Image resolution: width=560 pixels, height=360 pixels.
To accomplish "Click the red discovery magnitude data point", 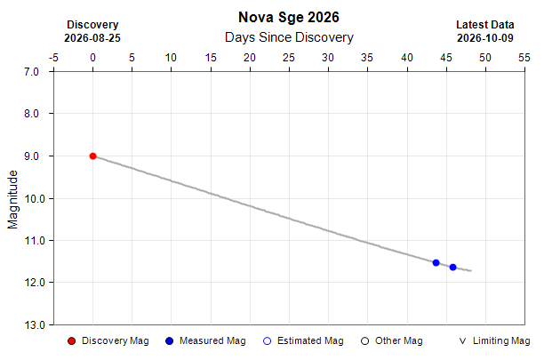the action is [92, 156].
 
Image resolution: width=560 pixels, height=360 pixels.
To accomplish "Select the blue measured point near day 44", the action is [436, 263].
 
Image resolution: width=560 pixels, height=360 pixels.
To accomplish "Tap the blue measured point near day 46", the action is [452, 268].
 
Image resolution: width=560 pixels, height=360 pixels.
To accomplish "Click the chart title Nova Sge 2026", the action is [289, 17].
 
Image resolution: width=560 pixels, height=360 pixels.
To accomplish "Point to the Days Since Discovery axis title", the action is [289, 37].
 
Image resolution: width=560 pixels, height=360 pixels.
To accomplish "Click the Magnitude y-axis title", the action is [12, 199].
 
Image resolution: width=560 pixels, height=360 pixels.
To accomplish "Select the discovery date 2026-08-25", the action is [92, 38].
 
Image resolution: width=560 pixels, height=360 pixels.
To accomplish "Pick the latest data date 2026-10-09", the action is [485, 38].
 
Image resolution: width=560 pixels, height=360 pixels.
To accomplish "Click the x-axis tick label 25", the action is [289, 58].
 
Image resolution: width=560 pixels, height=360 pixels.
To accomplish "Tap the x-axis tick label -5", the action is [53, 58].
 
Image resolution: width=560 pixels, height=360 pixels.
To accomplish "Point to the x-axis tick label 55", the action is [524, 58].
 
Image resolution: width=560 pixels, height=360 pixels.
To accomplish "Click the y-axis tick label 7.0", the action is [31, 72].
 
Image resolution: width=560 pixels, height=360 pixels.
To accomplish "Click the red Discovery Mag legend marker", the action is [71, 341].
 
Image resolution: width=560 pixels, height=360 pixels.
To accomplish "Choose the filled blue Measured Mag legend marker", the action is [169, 341].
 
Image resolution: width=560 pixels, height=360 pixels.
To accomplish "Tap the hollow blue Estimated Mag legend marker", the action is [268, 341].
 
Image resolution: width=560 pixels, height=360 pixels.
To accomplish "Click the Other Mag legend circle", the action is [364, 341].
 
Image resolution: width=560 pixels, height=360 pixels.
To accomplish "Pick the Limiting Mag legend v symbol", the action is [462, 341].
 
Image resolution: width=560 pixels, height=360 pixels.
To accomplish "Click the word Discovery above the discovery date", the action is [92, 25].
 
